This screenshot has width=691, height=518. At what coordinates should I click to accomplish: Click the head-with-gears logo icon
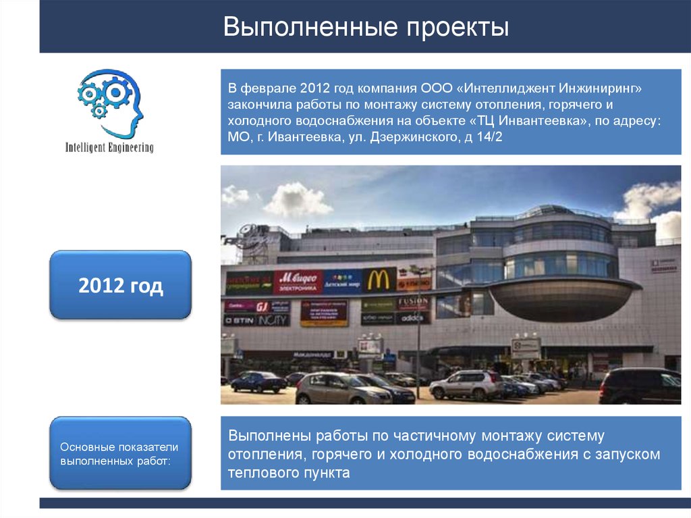pos(111,103)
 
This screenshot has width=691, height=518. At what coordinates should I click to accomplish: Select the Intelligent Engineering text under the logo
pos(109,147)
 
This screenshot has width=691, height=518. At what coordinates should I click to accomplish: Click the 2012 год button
pos(121,286)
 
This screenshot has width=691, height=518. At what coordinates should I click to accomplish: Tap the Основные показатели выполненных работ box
pos(121,453)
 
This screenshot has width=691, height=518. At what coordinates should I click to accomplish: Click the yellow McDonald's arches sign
pos(380,279)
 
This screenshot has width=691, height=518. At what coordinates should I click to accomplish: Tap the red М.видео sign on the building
pos(298,280)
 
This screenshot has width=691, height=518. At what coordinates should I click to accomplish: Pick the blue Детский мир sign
pos(343,280)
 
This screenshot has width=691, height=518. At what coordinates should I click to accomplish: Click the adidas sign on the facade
pos(413,317)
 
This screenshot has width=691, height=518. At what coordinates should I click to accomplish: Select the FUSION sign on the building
pos(413,302)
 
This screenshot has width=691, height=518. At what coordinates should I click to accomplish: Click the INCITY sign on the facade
pos(273,320)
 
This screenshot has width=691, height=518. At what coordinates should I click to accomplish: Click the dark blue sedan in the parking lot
pos(258,382)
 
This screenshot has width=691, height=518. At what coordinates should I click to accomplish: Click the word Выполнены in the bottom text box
pos(269,436)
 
